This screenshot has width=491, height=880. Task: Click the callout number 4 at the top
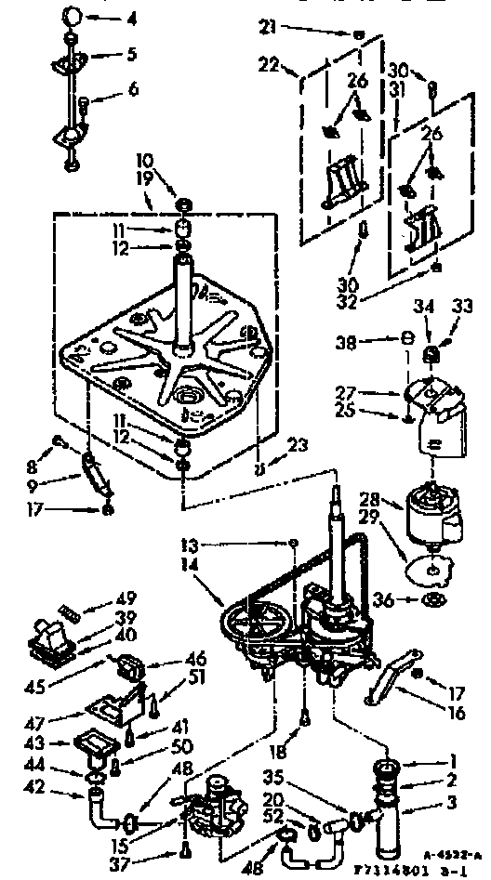tap(131, 18)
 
